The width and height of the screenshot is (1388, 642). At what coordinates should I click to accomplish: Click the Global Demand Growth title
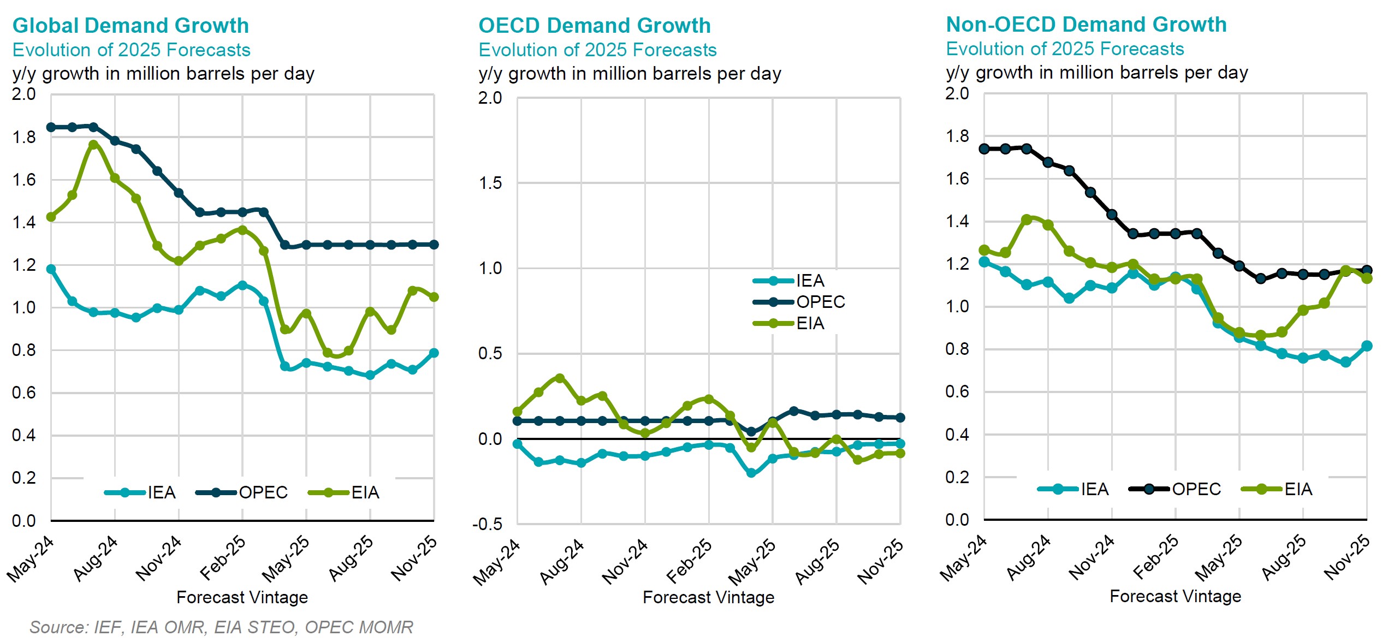point(131,26)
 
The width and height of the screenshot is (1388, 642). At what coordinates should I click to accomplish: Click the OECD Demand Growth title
point(595,26)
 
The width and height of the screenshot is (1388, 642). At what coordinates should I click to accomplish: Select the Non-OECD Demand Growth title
point(1086,25)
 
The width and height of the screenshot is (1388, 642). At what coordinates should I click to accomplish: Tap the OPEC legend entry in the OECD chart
point(820,302)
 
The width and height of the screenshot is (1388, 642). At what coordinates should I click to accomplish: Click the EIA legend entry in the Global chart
point(365,492)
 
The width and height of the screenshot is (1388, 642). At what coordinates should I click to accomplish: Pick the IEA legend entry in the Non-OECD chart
point(1094,489)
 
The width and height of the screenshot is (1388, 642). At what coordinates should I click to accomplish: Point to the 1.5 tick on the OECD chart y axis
point(490,183)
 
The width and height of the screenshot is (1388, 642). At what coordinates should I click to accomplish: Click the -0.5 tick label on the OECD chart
point(487,524)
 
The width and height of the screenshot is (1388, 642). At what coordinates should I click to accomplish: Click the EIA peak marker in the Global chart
point(93,145)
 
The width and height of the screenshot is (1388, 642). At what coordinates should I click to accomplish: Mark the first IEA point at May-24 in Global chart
point(51,269)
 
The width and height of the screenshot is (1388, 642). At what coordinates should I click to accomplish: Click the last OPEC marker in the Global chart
point(434,245)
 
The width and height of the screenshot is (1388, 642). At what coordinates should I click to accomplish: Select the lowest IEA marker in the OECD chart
point(751,473)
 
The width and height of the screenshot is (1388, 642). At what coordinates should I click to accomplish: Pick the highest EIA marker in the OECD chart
point(560,378)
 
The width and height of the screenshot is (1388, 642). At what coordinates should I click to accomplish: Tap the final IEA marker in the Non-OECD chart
point(1367,346)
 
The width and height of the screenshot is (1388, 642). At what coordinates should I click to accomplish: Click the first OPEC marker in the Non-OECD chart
point(984,148)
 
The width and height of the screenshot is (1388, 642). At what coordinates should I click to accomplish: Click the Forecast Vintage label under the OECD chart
point(708,597)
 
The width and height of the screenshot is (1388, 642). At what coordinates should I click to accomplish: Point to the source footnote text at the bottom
point(221,627)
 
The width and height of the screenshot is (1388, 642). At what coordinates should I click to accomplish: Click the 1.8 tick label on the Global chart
point(24,137)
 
